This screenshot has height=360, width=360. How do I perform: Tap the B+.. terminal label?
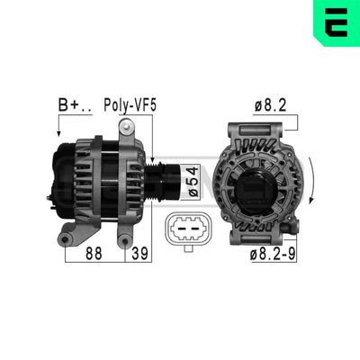tap(74, 105)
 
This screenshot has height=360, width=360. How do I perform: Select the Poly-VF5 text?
tap(129, 105)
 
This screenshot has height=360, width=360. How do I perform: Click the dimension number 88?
tap(93, 255)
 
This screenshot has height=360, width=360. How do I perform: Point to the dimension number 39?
tap(138, 255)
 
